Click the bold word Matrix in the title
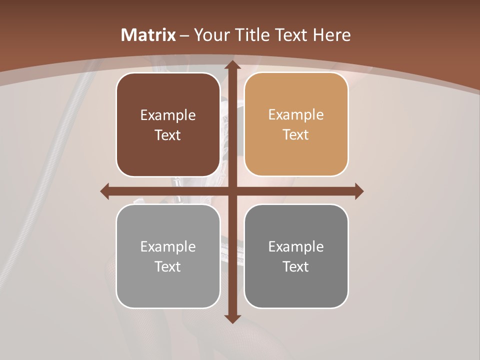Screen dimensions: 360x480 pos(148,35)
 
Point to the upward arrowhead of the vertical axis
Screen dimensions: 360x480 pos(231,65)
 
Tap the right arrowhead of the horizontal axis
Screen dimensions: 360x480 pos(358,191)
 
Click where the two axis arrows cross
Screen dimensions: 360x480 pos(231,191)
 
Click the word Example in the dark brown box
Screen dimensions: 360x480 pos(168,115)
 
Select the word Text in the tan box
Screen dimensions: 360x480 pos(296,135)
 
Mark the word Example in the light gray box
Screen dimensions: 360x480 pos(168,246)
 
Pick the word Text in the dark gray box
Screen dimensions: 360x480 pos(296,266)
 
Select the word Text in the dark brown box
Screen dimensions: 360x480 pos(168,135)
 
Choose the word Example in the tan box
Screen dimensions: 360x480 pos(296,115)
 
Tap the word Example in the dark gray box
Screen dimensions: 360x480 pos(296,246)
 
